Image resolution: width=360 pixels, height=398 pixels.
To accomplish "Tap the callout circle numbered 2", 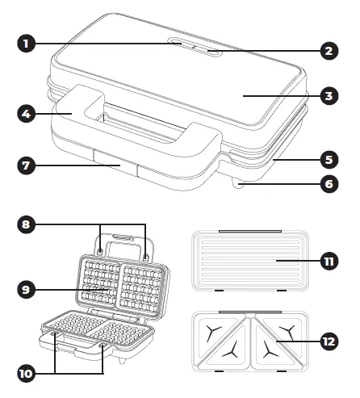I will pos(328,51).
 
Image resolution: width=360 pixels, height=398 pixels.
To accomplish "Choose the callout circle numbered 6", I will pos(328,184).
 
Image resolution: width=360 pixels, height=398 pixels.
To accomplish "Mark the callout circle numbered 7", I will pos(27,166).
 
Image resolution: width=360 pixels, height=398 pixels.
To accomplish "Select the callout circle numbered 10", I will pos(27,374).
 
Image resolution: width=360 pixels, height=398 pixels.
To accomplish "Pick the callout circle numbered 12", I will pos(328,341).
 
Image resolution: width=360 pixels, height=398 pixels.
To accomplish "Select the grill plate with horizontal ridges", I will pos(246,262).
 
